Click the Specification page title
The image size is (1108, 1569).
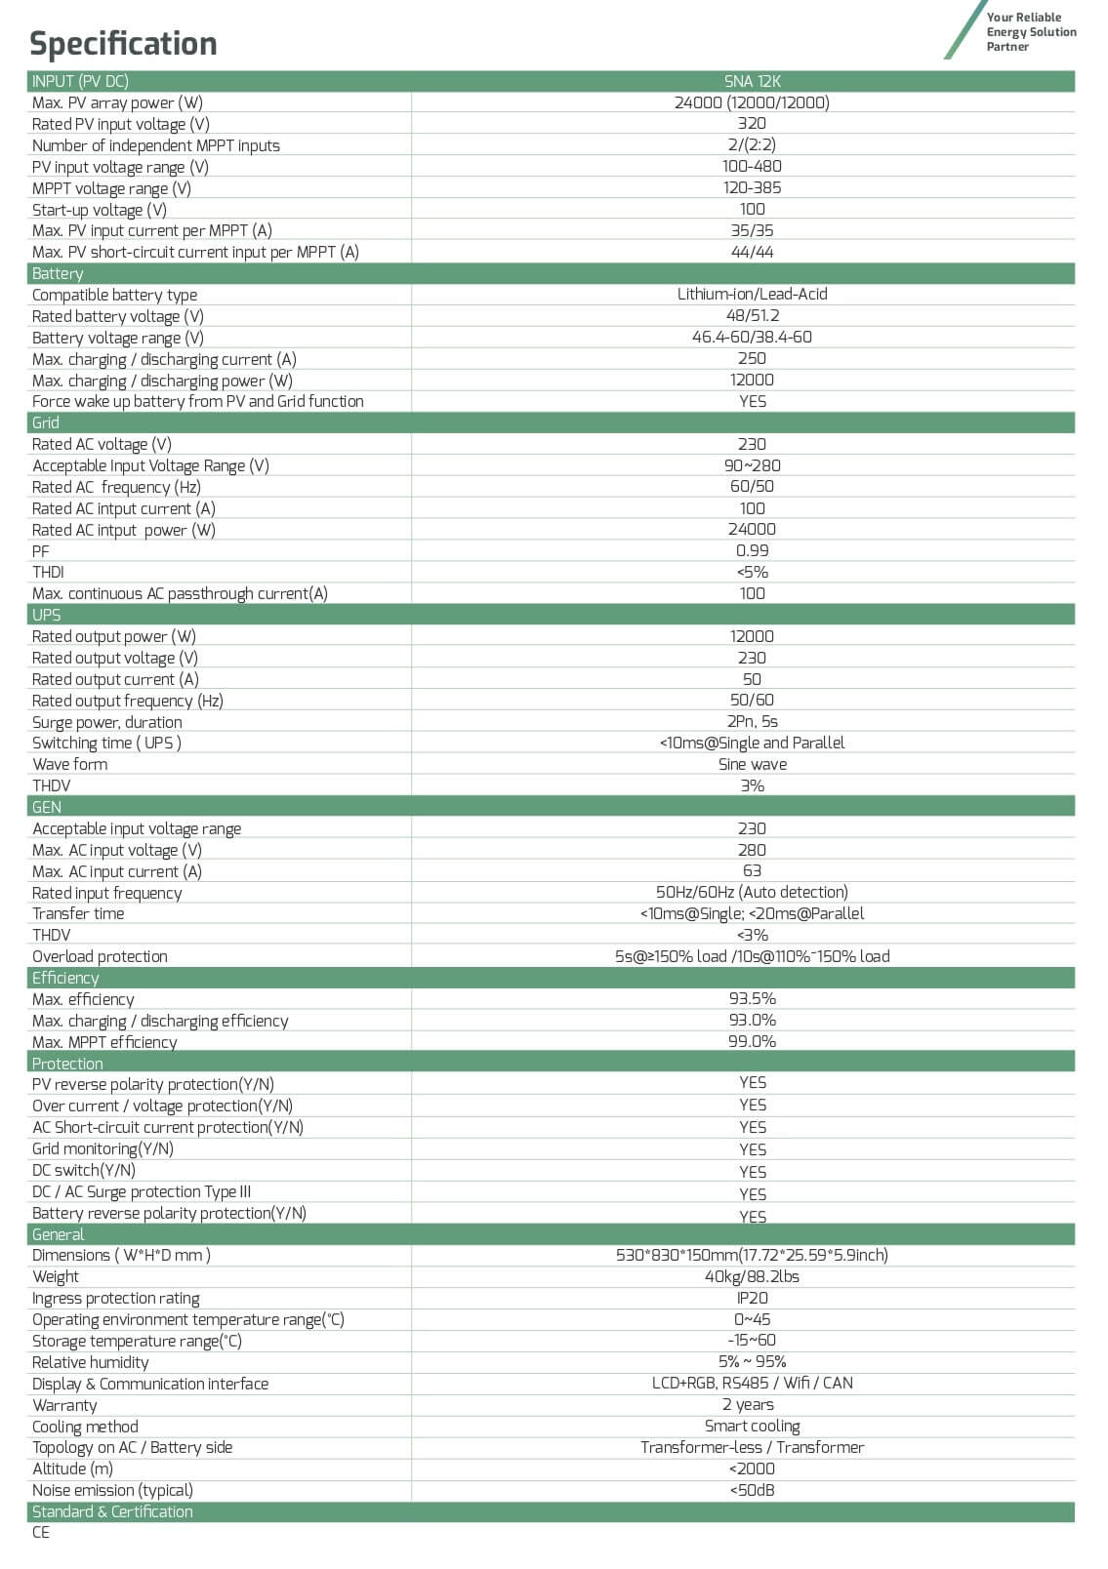click(123, 44)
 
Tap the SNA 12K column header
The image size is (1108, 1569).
click(752, 81)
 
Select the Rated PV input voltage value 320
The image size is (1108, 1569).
click(752, 124)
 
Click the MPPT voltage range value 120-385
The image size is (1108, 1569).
click(752, 187)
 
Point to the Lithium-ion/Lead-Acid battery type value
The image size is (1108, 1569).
click(752, 294)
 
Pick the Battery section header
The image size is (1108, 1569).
click(58, 273)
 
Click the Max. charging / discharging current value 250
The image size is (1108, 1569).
click(752, 358)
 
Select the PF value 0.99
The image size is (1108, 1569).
click(752, 550)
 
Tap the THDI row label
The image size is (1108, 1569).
click(48, 572)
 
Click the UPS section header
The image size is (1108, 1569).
click(46, 615)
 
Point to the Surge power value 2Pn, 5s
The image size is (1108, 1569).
click(752, 721)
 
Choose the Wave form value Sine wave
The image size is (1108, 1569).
click(752, 764)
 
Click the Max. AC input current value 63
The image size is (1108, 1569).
click(752, 870)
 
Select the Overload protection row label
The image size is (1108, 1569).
click(100, 956)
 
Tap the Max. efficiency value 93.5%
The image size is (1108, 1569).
click(752, 998)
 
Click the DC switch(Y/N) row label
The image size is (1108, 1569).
click(84, 1170)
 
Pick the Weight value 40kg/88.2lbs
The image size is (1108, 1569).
click(752, 1276)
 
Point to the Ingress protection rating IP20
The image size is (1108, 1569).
click(752, 1298)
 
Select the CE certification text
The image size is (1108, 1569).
click(41, 1532)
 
